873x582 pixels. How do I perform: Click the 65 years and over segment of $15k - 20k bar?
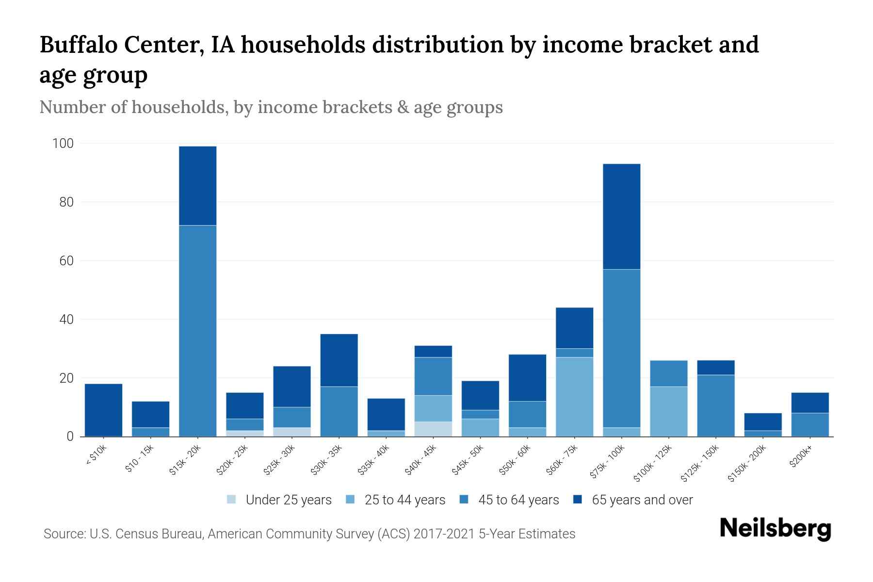pyautogui.click(x=197, y=186)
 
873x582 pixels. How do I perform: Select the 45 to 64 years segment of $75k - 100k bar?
pyautogui.click(x=621, y=348)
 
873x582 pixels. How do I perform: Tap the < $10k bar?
pyautogui.click(x=103, y=410)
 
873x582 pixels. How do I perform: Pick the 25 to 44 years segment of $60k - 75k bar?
pyautogui.click(x=574, y=397)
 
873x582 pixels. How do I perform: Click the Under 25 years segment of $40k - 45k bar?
pyautogui.click(x=433, y=429)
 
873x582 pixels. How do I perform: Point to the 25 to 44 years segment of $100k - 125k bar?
pyautogui.click(x=668, y=411)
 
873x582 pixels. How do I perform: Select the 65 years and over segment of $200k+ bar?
pyautogui.click(x=809, y=403)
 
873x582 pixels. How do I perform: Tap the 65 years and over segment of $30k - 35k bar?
pyautogui.click(x=339, y=360)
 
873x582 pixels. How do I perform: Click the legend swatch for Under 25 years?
pyautogui.click(x=232, y=500)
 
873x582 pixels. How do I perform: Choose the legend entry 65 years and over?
pyautogui.click(x=642, y=500)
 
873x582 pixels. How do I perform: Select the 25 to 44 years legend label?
pyautogui.click(x=404, y=500)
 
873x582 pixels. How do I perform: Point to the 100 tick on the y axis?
pyautogui.click(x=63, y=144)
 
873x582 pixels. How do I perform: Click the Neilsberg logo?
pyautogui.click(x=775, y=528)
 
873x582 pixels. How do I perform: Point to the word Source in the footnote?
pyautogui.click(x=63, y=534)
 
